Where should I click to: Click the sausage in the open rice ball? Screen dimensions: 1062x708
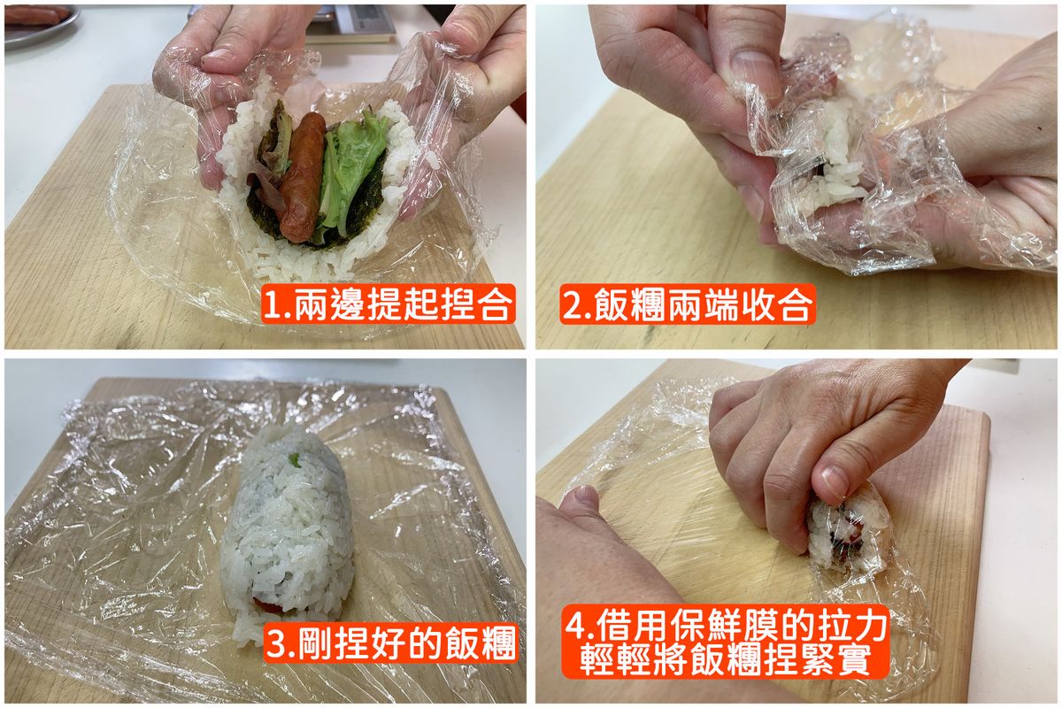[303, 178]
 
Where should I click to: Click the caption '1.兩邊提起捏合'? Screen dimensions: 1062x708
[388, 304]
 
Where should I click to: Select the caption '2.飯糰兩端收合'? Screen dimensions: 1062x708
[688, 304]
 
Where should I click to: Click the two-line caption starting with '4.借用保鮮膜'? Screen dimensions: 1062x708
[726, 641]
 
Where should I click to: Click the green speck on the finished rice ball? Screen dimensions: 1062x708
[295, 458]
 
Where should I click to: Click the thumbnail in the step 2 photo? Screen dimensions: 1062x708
[754, 72]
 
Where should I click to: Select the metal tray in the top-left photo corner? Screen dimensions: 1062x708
[41, 25]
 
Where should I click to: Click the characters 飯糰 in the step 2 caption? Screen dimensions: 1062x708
[630, 304]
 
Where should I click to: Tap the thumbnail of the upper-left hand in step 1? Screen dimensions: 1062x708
[217, 57]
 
